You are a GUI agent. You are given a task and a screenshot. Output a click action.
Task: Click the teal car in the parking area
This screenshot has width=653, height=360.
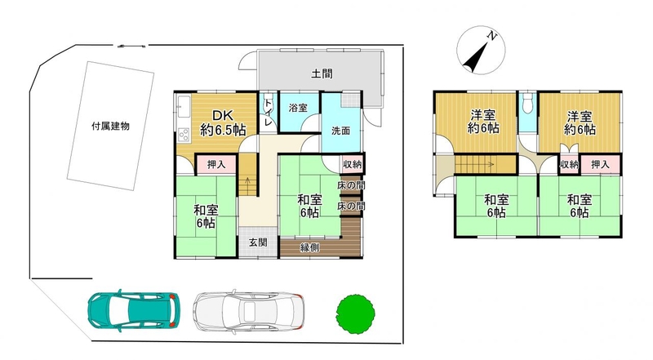point(134,311)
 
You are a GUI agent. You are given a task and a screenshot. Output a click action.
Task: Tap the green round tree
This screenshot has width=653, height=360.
point(355,313)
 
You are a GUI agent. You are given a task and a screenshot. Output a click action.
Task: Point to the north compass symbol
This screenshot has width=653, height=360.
point(481,50)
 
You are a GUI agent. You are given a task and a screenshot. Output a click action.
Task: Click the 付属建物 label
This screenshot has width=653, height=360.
point(110,127)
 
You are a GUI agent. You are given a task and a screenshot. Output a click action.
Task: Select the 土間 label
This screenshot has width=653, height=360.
point(322,74)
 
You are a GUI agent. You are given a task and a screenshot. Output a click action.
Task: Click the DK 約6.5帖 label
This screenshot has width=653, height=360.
point(223,123)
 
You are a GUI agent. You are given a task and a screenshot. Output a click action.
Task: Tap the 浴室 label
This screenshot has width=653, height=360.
point(298,108)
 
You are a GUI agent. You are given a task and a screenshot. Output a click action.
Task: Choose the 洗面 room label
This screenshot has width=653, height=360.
point(340,131)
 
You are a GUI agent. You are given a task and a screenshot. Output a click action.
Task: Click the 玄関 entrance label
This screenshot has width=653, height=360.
point(258,242)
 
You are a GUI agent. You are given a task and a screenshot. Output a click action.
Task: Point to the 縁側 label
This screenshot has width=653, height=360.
point(310,247)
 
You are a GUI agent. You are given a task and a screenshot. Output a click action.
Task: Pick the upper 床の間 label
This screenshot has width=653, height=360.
point(351,185)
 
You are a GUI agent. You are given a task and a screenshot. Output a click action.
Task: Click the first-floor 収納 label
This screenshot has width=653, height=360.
point(353,164)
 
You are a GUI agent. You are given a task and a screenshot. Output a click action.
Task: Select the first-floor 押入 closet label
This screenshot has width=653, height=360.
point(216,165)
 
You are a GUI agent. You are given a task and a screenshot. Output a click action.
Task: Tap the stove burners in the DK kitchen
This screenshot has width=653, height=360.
point(184,134)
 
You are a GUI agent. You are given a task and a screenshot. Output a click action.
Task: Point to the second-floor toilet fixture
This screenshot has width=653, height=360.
point(527,103)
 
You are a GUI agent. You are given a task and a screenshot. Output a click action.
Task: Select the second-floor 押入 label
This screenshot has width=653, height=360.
point(600,165)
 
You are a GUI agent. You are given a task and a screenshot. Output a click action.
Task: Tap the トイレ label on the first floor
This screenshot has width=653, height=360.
point(269,113)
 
